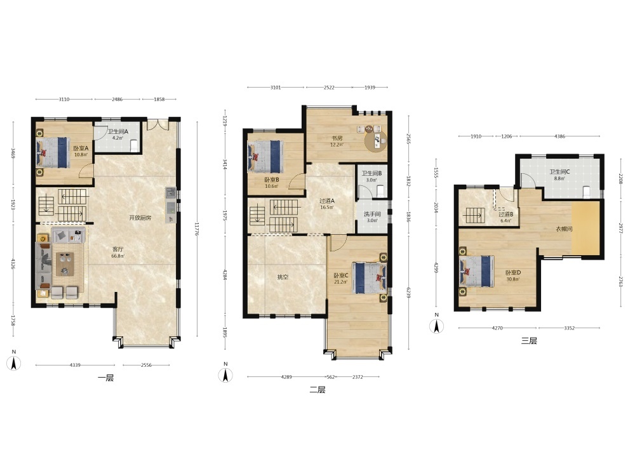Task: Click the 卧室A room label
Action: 81,148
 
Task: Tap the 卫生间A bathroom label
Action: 118,131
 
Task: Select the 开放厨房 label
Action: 140,218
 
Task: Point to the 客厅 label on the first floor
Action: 118,249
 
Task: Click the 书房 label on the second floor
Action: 337,138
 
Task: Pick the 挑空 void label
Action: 283,277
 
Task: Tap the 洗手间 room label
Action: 371,214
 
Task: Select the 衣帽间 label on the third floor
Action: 564,229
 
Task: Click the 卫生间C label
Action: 559,171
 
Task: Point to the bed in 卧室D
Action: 477,271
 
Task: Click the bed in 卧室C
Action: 369,278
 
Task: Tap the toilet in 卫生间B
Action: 380,190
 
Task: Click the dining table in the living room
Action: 65,263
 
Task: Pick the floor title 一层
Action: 105,378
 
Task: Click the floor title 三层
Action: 529,341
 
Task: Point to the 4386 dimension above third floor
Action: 559,136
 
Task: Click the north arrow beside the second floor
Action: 225,375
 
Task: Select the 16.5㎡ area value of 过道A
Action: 327,208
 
